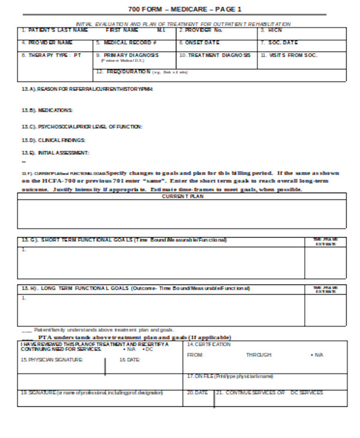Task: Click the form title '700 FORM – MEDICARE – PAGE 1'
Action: pyautogui.click(x=185, y=10)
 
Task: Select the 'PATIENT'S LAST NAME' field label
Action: pyautogui.click(x=55, y=30)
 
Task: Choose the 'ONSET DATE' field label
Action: pyautogui.click(x=201, y=43)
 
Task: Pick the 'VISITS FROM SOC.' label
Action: pyautogui.click(x=289, y=55)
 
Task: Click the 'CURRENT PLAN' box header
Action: pyautogui.click(x=182, y=196)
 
